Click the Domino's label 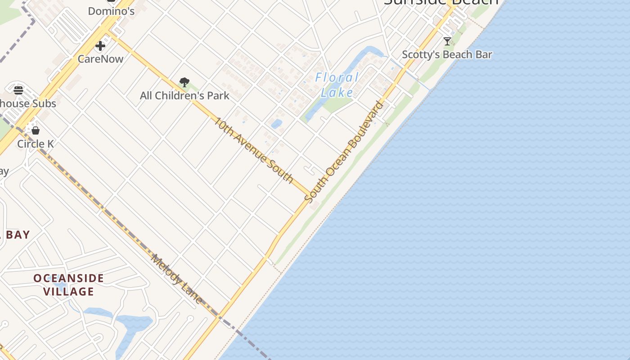pyautogui.click(x=111, y=11)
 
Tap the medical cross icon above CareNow pyautogui.click(x=100, y=46)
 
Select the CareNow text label pyautogui.click(x=100, y=58)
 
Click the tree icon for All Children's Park pyautogui.click(x=184, y=82)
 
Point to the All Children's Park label pyautogui.click(x=184, y=95)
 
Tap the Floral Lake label pyautogui.click(x=337, y=85)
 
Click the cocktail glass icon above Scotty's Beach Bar pyautogui.click(x=447, y=41)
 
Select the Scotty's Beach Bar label pyautogui.click(x=447, y=54)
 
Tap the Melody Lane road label pyautogui.click(x=176, y=279)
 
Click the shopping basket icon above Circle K pyautogui.click(x=36, y=130)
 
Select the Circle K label pyautogui.click(x=36, y=144)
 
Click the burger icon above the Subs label pyautogui.click(x=18, y=90)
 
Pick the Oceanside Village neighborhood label pyautogui.click(x=69, y=285)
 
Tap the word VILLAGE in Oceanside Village pyautogui.click(x=69, y=292)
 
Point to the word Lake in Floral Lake pyautogui.click(x=337, y=93)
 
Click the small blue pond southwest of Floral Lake pyautogui.click(x=276, y=124)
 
